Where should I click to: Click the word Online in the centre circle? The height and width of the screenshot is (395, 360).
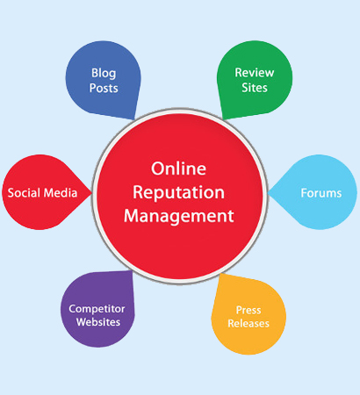click(178, 169)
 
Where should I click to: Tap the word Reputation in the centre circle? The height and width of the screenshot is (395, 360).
click(178, 193)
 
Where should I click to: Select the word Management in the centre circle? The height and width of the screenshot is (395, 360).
click(178, 217)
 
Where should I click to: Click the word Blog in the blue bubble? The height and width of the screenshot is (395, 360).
click(104, 74)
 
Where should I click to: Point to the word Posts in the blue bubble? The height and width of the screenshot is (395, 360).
click(104, 88)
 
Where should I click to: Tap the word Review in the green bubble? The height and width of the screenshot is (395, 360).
click(255, 73)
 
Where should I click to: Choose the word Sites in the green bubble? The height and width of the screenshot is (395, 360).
click(255, 88)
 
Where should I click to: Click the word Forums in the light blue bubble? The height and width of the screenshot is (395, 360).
click(321, 193)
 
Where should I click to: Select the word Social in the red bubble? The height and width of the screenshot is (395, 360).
click(24, 193)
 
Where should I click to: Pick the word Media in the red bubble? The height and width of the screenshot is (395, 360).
click(60, 193)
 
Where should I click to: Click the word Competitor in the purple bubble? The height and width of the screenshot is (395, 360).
click(97, 309)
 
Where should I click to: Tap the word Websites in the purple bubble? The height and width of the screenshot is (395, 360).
click(98, 322)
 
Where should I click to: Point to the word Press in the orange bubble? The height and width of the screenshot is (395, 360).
click(248, 310)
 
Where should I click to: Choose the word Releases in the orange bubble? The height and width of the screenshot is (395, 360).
click(248, 323)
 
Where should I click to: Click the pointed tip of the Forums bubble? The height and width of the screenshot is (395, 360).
click(268, 193)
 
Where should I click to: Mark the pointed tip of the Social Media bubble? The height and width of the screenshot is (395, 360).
click(91, 193)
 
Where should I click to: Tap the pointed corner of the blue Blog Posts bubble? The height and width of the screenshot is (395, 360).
click(134, 119)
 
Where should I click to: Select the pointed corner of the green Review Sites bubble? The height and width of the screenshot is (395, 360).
click(223, 119)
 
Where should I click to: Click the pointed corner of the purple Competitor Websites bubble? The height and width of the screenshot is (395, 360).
click(133, 271)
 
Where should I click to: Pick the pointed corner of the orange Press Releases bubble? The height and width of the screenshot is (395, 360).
click(221, 274)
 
